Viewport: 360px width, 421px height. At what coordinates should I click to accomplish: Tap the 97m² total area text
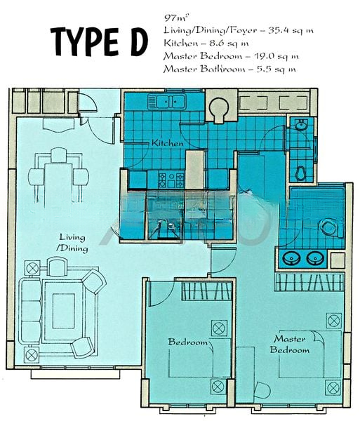[x=173, y=16]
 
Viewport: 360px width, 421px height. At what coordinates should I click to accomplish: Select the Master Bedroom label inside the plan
[x=290, y=345]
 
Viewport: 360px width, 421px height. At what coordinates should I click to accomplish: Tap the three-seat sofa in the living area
[x=30, y=307]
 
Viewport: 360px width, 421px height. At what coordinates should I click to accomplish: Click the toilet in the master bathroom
[x=327, y=227]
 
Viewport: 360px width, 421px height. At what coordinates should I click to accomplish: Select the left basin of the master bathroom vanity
[x=291, y=259]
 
